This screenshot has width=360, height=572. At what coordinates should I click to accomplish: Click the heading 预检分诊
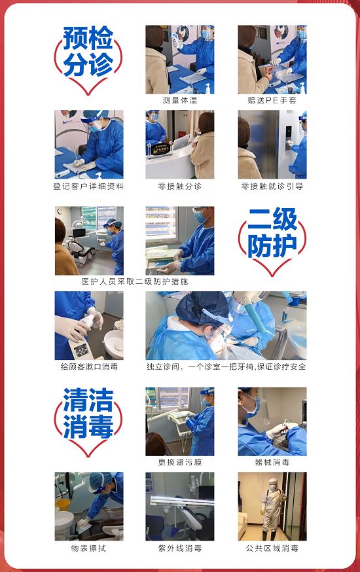[88, 52]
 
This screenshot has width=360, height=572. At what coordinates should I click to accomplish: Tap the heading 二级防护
[272, 233]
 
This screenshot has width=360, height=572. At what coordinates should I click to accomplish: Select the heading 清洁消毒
[88, 414]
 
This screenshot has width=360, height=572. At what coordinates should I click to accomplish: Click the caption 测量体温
[180, 100]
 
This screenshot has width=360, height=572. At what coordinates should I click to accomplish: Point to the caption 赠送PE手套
[272, 100]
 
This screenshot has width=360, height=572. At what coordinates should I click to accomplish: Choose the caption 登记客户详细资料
[88, 186]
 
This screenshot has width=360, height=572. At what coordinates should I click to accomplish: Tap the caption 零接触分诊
[180, 186]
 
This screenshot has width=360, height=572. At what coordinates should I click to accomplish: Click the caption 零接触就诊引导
[272, 186]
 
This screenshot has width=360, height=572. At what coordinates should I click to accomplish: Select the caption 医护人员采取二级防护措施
[134, 281]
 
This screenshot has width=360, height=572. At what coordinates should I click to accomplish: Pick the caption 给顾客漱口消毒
[89, 366]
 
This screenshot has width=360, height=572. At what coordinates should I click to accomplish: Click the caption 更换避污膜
[180, 462]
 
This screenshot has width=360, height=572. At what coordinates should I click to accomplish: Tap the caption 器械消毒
[272, 462]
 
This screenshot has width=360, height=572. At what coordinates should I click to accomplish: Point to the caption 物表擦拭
[88, 548]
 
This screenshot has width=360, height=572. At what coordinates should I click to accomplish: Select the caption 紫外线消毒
[180, 548]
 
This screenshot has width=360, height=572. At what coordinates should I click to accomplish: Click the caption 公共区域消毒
[272, 548]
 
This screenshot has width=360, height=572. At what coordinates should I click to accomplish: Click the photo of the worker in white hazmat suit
[272, 506]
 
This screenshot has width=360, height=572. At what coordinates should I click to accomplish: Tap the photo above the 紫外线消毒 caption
[180, 506]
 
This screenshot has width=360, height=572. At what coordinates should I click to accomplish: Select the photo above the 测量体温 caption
[180, 60]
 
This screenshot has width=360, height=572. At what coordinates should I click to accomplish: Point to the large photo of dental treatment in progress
[226, 325]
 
